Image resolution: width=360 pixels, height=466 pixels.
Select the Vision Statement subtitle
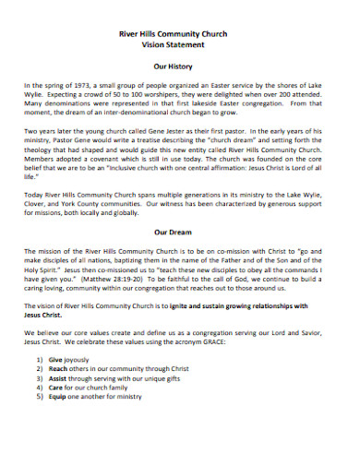(x=179, y=44)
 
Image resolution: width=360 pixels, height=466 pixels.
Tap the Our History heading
(x=179, y=67)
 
